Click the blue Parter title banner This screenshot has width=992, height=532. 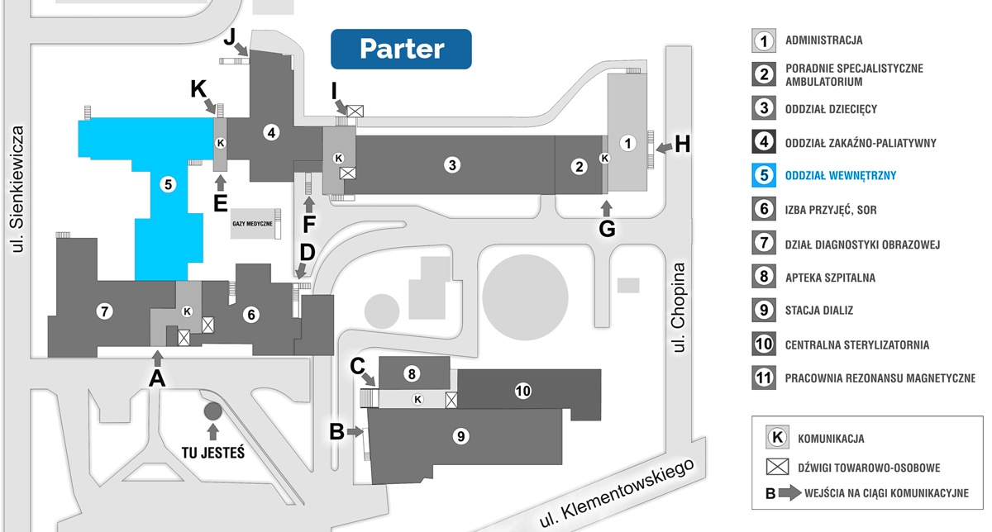pyautogui.click(x=401, y=49)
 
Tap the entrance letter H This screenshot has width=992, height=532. pyautogui.click(x=682, y=144)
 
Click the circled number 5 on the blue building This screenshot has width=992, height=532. pyautogui.click(x=169, y=184)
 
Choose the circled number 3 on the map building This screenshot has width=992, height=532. pyautogui.click(x=451, y=164)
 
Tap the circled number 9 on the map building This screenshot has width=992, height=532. pyautogui.click(x=461, y=436)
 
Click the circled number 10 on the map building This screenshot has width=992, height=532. pyautogui.click(x=522, y=391)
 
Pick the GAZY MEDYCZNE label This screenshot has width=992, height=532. pyautogui.click(x=252, y=224)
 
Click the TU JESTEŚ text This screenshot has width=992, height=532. pyautogui.click(x=214, y=452)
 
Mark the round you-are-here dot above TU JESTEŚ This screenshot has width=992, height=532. pyautogui.click(x=213, y=411)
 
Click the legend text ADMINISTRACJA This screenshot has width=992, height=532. pyautogui.click(x=824, y=40)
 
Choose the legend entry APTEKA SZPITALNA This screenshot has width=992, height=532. pyautogui.click(x=830, y=278)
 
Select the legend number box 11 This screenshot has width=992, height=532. pyautogui.click(x=765, y=378)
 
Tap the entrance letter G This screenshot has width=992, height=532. pyautogui.click(x=607, y=229)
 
